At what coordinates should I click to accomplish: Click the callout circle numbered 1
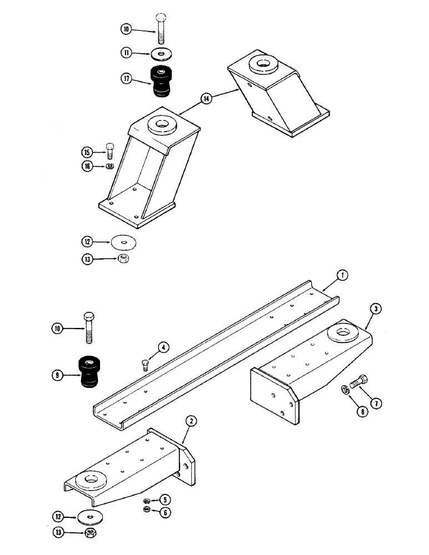pos(343,275)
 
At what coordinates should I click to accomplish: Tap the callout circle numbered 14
pos(207,99)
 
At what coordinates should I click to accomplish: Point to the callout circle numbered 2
pos(190,421)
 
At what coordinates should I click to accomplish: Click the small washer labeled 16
pos(110,165)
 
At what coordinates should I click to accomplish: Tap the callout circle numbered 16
pos(88,165)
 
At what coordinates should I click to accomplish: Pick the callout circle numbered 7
pos(377,405)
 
